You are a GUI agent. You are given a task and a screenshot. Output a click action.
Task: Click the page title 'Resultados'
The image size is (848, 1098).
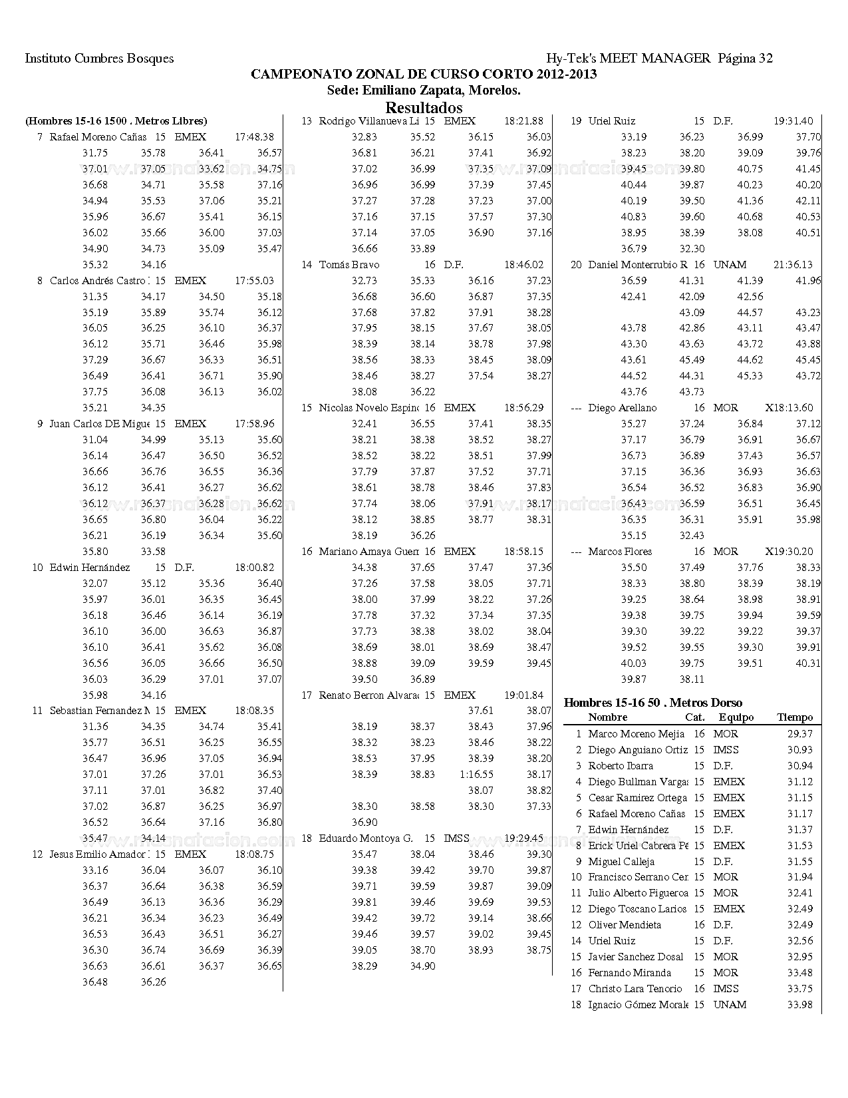tap(424, 108)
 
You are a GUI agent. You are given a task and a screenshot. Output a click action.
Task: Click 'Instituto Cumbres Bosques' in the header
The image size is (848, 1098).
tap(99, 59)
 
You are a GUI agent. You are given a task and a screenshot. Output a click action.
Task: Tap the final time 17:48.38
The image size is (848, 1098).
tap(254, 137)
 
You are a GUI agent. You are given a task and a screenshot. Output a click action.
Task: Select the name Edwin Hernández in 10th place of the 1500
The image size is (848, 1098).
tap(90, 568)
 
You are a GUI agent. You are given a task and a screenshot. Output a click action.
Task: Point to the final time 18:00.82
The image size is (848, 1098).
tap(254, 568)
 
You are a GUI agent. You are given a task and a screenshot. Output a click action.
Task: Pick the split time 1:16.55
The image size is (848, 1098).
tap(476, 775)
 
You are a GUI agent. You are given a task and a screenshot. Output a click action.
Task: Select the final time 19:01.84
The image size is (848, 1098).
tap(523, 695)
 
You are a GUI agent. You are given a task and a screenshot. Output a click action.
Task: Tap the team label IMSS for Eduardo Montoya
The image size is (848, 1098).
tap(456, 838)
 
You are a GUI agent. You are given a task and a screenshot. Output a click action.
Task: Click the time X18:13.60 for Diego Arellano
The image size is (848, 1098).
tap(789, 408)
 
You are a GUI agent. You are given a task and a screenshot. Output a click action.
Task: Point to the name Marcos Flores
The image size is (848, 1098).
tap(620, 552)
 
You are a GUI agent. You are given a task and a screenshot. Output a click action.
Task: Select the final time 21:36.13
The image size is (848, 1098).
tap(793, 265)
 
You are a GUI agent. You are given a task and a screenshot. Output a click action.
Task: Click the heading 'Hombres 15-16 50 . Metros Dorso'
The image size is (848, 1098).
tap(652, 703)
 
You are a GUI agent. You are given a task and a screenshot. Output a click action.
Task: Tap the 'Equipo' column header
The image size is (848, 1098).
tap(736, 717)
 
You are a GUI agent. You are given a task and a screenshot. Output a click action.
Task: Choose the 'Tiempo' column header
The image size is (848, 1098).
tap(795, 717)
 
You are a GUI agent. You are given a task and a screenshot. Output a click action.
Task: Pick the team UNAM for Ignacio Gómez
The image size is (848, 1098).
tap(730, 1005)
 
